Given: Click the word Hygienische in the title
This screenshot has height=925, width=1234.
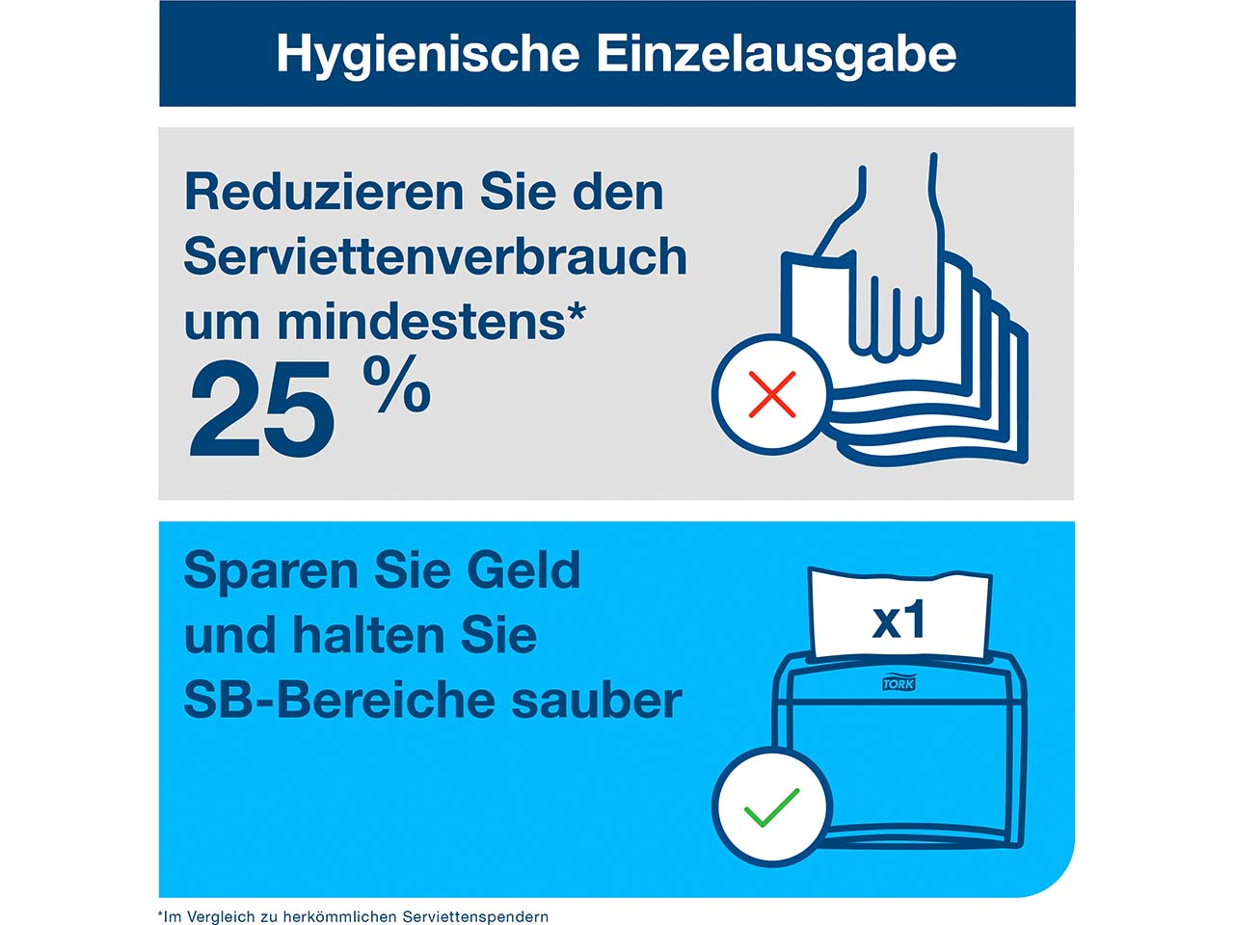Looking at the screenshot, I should coord(427,54).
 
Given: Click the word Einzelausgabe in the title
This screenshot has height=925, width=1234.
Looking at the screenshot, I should coord(776,54).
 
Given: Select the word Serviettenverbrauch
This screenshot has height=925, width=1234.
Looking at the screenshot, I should coord(435,257).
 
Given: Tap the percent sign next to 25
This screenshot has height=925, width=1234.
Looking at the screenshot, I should coord(396,384).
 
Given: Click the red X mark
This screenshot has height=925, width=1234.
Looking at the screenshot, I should coord(771,394).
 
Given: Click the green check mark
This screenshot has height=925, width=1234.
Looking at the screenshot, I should coord(771,807).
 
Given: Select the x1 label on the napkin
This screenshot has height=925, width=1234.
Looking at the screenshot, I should coord(899,621).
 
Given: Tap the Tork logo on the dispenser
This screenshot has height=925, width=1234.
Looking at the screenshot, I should coord(899,683).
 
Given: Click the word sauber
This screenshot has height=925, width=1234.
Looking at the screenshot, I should coord(597,700).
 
